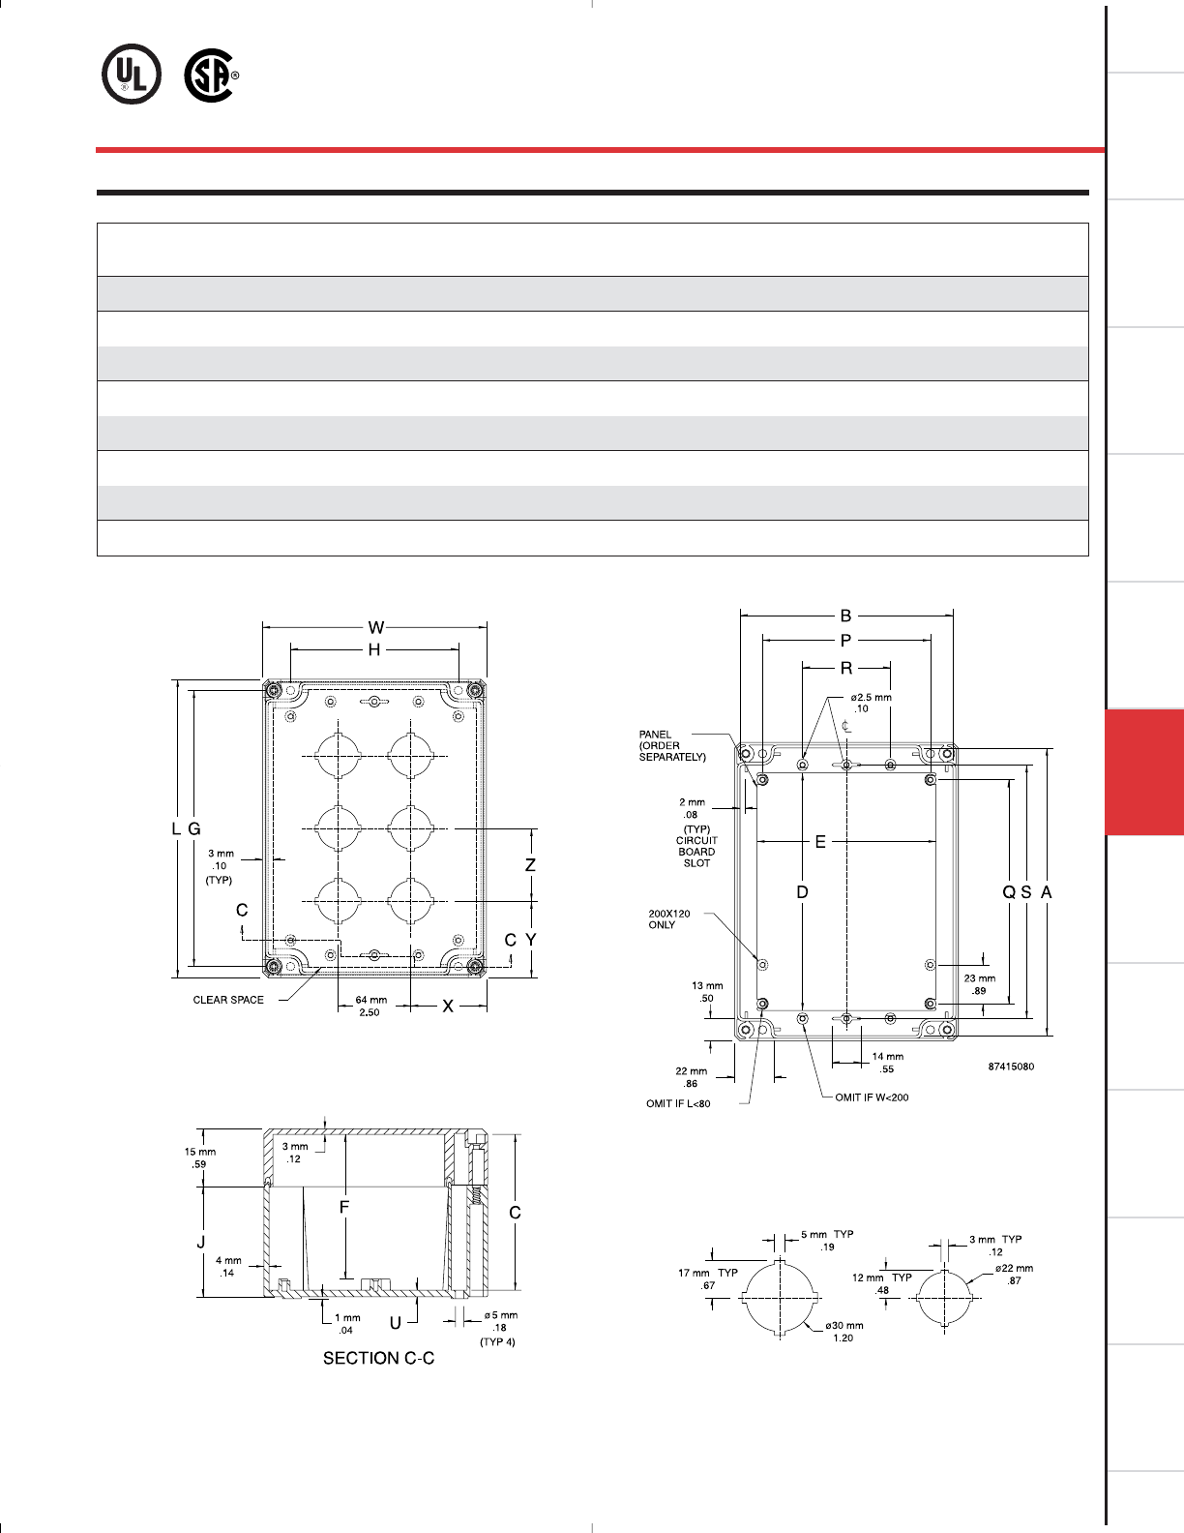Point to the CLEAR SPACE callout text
[228, 1000]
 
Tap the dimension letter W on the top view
[376, 627]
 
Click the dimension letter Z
[530, 865]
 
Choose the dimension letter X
[448, 1007]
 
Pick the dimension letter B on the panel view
[846, 616]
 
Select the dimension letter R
[846, 668]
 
